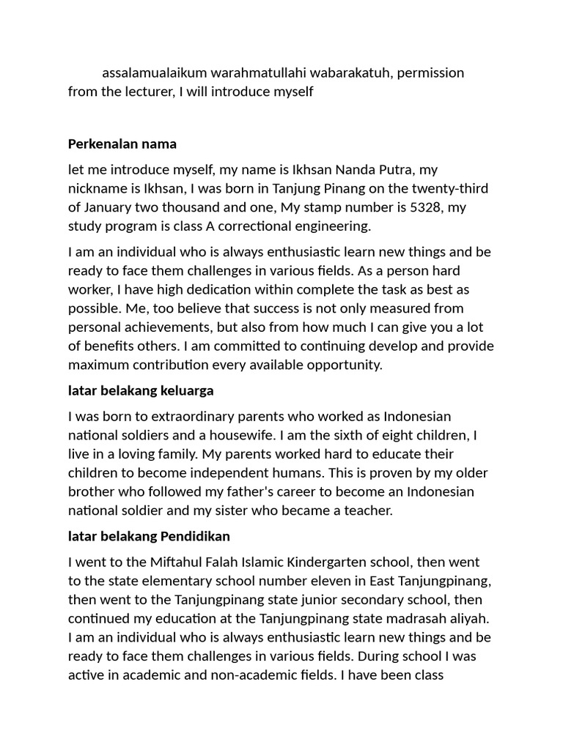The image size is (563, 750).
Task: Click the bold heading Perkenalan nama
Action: click(x=122, y=144)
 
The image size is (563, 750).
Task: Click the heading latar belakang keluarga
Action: click(x=141, y=390)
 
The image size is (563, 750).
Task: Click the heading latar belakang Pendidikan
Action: click(x=149, y=536)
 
